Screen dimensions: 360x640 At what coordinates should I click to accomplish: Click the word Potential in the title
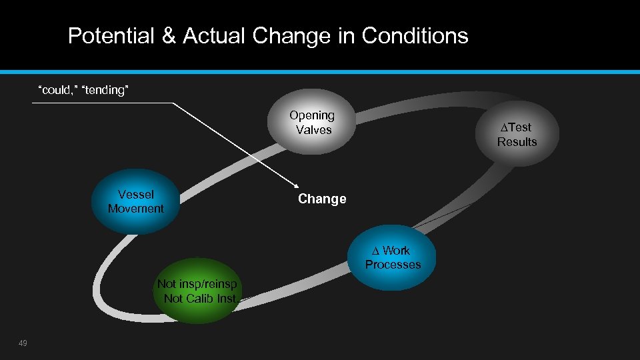[111, 35]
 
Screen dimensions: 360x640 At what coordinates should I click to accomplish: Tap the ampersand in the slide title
[169, 35]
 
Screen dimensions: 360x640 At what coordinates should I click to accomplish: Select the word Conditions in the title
[415, 35]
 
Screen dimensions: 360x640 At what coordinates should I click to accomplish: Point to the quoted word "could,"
[57, 90]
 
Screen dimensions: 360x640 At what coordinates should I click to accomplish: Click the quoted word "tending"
[104, 90]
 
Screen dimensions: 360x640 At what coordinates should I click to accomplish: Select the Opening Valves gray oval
[312, 123]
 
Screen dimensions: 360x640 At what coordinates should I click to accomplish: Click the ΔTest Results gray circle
[517, 133]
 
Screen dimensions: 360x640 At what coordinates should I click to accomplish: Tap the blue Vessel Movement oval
[136, 201]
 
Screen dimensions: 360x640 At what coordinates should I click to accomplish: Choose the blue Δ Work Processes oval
[393, 257]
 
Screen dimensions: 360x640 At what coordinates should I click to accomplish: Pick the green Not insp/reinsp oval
[197, 291]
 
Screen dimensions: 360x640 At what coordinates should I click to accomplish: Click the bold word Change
[322, 199]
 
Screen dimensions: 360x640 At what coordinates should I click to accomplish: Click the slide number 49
[23, 343]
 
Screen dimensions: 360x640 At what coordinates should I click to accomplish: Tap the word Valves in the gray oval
[313, 130]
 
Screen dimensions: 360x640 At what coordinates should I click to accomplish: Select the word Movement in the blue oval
[136, 209]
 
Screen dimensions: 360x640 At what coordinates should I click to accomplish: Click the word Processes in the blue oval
[393, 265]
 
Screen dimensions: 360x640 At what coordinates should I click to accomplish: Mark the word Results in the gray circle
[517, 141]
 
